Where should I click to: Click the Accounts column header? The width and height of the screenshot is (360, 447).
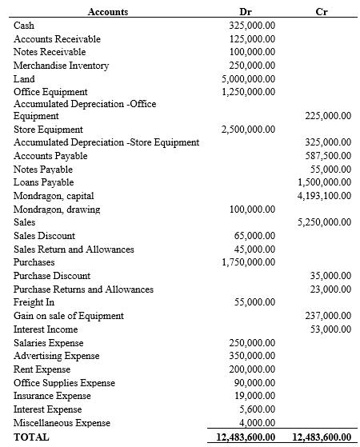(x=107, y=11)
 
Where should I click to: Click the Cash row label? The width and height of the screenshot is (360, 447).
(x=24, y=26)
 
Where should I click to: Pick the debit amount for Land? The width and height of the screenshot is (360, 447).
(x=249, y=78)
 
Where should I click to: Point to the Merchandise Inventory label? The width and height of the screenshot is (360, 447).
(x=61, y=66)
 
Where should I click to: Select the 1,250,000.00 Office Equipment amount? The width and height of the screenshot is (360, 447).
(x=249, y=92)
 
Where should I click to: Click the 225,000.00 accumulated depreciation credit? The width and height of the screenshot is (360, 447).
(x=328, y=116)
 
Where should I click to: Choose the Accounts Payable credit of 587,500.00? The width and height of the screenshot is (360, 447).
(x=328, y=156)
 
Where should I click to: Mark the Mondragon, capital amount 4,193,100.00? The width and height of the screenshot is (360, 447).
(x=324, y=196)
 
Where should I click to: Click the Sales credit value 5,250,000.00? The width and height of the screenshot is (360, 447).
(x=324, y=222)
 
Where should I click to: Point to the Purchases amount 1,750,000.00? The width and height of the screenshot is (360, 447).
(x=249, y=262)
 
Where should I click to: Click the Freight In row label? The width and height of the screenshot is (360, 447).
(x=34, y=302)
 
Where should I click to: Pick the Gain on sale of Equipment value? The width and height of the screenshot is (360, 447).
(x=328, y=316)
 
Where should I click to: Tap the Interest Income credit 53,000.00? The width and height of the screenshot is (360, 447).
(x=330, y=329)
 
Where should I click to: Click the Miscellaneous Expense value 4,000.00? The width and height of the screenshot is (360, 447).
(x=257, y=423)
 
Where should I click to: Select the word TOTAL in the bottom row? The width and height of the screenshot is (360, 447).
(x=31, y=437)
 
